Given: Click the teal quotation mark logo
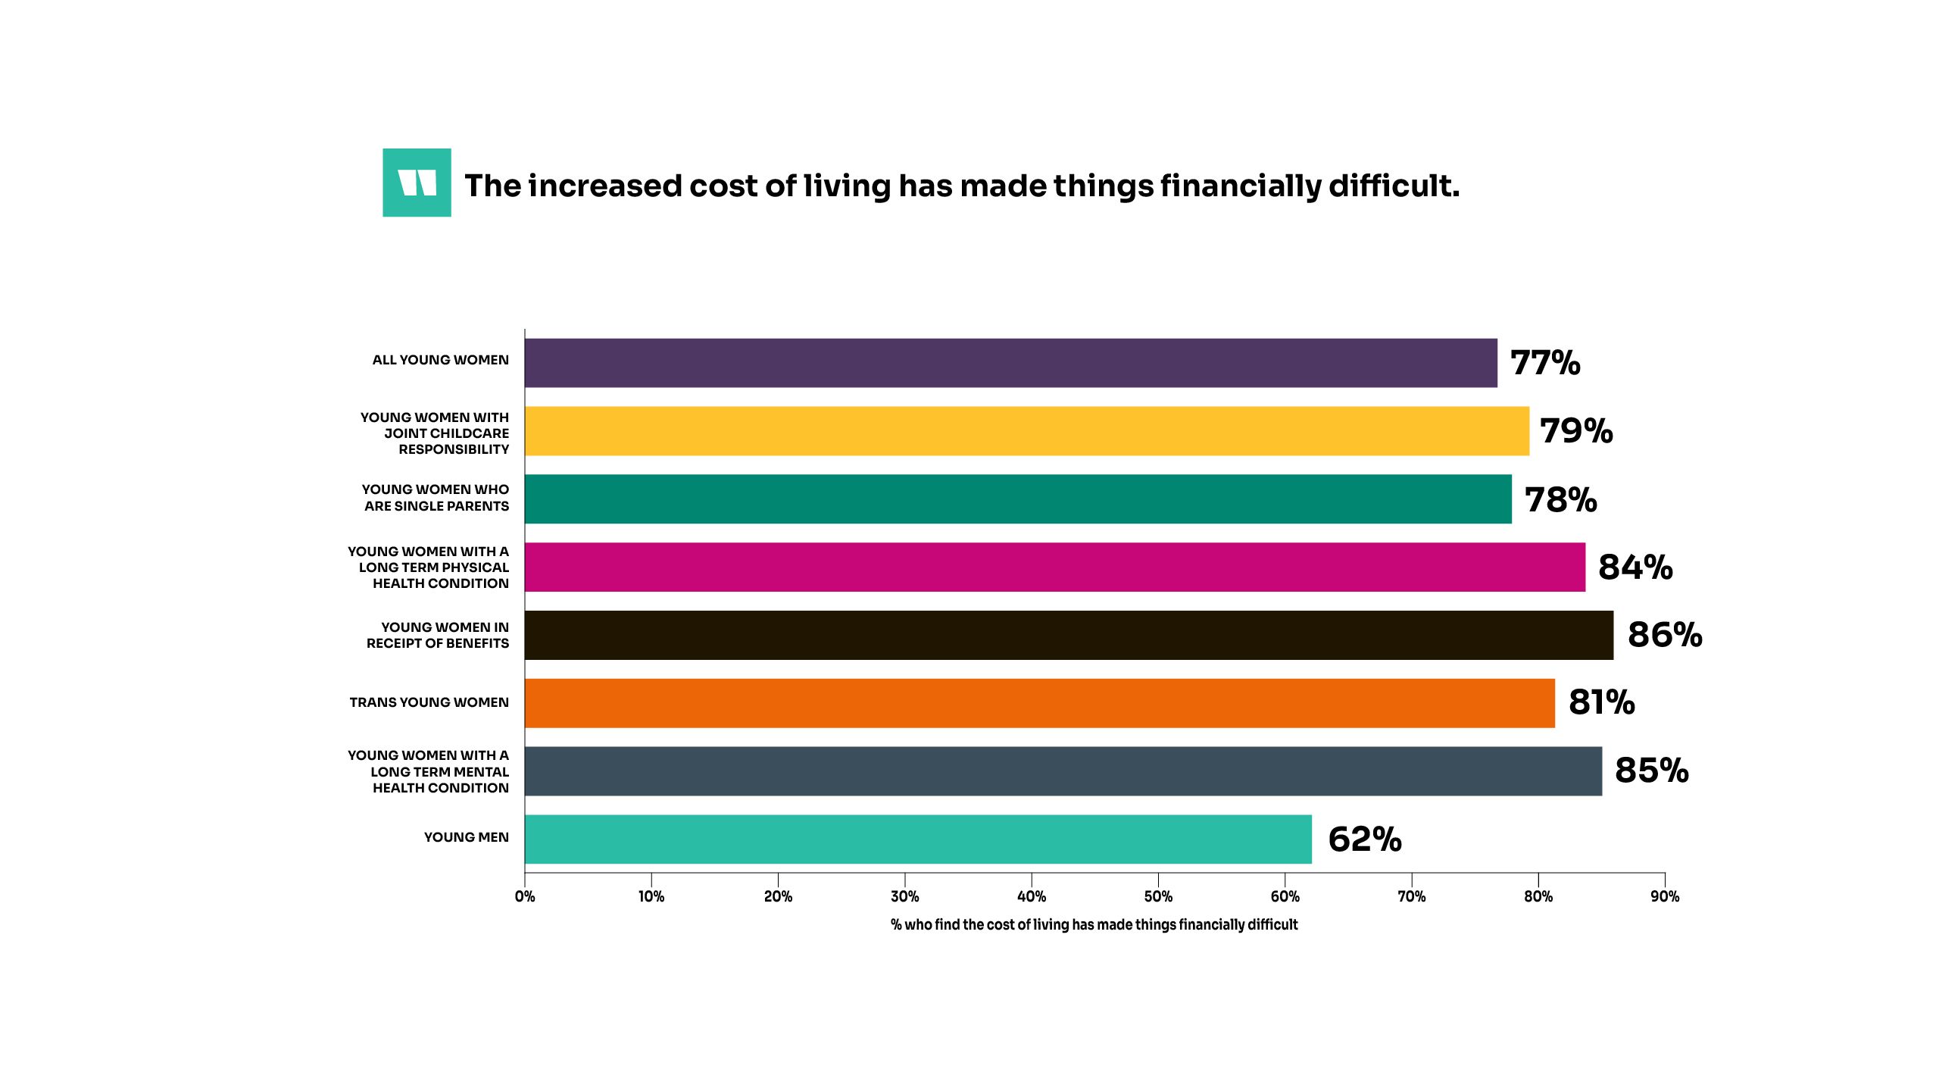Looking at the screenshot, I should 417,183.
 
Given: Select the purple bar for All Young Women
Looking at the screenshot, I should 1010,363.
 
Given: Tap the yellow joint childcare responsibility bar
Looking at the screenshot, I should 1026,431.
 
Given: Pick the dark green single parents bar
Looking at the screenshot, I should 1017,499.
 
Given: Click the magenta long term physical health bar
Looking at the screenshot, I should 1054,567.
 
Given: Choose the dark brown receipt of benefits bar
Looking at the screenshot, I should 1068,635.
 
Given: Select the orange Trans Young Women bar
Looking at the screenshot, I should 1039,703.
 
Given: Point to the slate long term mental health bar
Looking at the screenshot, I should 1063,771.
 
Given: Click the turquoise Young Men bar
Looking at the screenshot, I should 918,839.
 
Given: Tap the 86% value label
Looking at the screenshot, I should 1665,635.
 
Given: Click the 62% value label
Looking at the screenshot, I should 1365,839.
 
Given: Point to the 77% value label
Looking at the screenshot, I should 1545,363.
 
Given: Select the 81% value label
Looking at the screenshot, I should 1601,702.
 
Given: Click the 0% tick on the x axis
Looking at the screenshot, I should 525,896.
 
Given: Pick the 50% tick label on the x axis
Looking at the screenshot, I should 1158,896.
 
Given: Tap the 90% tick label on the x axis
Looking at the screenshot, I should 1665,896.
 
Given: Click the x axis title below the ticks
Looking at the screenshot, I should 1094,924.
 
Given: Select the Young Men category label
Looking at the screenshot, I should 466,837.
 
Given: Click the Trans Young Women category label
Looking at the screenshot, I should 429,702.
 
